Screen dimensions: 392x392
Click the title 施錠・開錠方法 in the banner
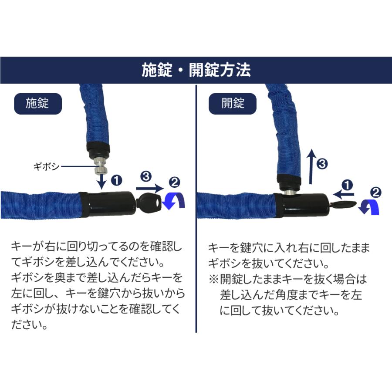tap(196, 71)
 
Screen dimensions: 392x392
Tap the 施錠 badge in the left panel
tap(37, 103)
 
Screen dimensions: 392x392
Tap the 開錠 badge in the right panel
tap(232, 103)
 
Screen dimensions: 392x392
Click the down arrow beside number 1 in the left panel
tap(101, 180)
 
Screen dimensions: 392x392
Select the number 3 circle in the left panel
tap(146, 176)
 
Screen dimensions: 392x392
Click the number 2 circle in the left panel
tap(175, 182)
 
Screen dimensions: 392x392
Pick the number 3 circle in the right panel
tap(321, 164)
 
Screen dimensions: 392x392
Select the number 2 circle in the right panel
tap(375, 191)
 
